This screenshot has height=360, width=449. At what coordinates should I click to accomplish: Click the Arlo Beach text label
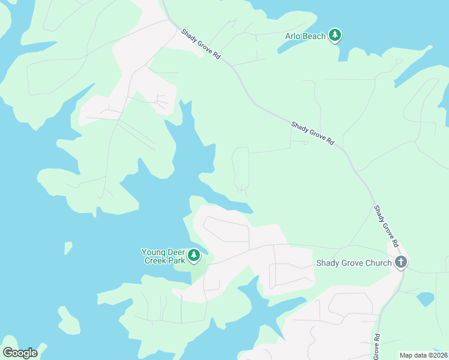305,36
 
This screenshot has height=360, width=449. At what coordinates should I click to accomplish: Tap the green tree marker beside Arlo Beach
335,36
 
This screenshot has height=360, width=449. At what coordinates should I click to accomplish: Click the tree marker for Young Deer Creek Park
193,256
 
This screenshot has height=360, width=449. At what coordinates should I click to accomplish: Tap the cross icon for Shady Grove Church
401,262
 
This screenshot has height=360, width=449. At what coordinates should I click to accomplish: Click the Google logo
20,352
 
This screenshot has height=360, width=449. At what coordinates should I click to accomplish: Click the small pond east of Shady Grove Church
425,298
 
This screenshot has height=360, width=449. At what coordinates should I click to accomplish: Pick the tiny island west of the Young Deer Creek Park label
68,248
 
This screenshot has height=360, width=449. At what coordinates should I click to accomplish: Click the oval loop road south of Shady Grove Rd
241,169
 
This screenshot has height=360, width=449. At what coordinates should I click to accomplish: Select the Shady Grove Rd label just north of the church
386,226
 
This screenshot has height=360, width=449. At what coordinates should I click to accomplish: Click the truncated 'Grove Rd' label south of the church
376,347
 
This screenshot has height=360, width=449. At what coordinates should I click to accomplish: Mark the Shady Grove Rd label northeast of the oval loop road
312,133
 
